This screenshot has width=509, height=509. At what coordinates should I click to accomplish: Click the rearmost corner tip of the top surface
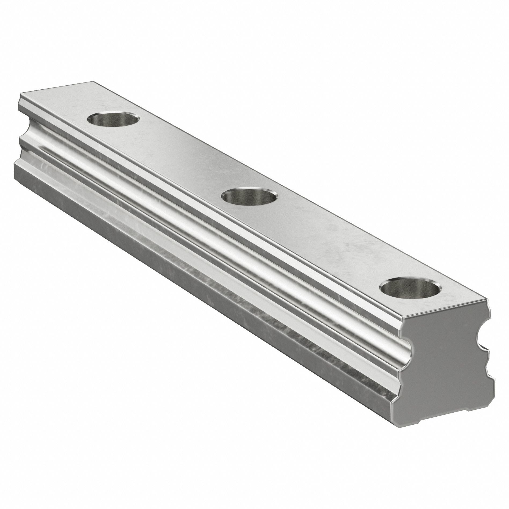click(95, 81)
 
